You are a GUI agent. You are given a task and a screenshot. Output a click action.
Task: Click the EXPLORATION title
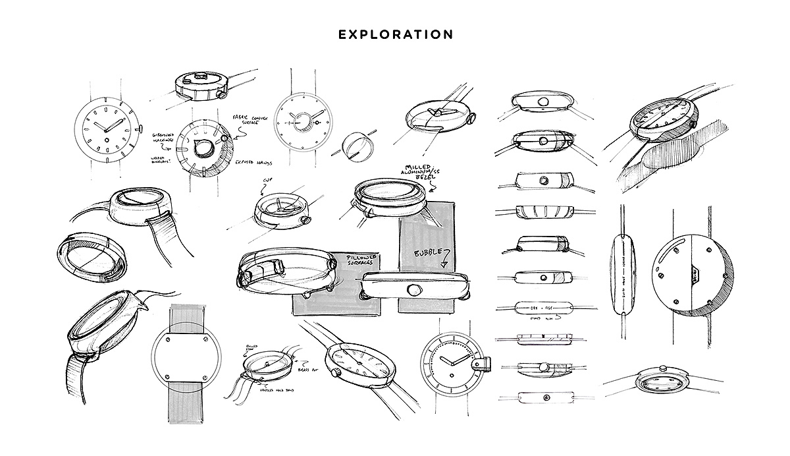395,34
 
